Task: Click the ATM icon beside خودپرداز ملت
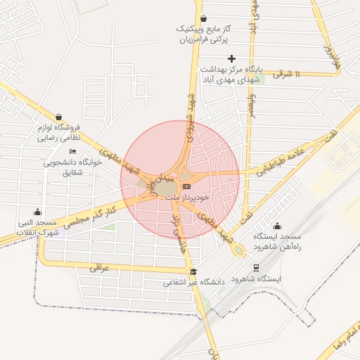coord(186,187)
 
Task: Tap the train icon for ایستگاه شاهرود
coord(256,268)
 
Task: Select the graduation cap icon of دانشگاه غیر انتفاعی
coord(194,272)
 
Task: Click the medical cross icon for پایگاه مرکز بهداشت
coord(232,58)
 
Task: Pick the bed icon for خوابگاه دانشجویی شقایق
coord(72,151)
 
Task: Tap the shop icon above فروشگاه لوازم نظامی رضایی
coord(58,117)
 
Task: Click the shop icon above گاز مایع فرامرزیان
coord(203,18)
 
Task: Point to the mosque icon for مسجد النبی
coord(37,212)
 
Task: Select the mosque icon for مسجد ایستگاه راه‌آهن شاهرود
coord(277,226)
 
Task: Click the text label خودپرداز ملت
coord(182,198)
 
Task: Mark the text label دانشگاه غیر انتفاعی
coord(194,283)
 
